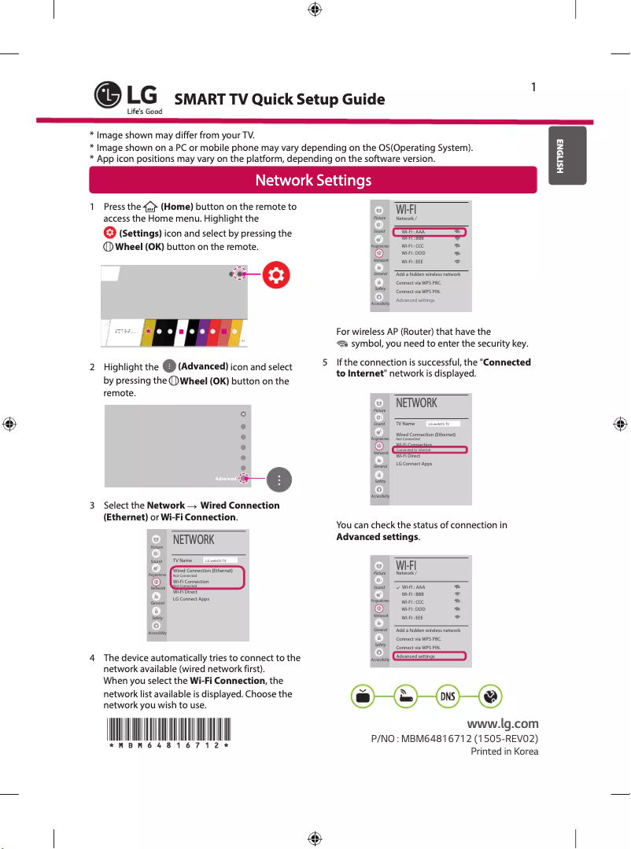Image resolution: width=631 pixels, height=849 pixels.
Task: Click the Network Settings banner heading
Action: click(313, 180)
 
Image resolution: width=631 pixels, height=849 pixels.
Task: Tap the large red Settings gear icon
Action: click(277, 274)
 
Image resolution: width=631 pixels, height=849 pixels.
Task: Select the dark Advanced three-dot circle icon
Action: click(280, 480)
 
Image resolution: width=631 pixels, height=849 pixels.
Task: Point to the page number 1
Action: click(533, 86)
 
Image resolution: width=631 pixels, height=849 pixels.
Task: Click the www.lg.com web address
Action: click(503, 723)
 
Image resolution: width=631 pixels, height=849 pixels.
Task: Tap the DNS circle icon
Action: click(447, 696)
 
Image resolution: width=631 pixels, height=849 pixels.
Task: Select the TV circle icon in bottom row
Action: click(362, 696)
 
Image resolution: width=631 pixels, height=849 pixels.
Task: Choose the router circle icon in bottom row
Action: click(405, 696)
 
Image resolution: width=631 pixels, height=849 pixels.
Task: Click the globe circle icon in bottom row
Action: click(489, 696)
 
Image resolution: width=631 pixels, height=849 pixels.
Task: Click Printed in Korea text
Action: click(504, 752)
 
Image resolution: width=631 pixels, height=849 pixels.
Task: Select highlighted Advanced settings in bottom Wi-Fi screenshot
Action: click(415, 656)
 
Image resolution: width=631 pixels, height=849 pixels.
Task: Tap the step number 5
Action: click(326, 362)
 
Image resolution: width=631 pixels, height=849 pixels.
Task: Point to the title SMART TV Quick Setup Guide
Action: click(279, 100)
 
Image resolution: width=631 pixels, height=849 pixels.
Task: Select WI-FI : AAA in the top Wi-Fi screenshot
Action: click(414, 233)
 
